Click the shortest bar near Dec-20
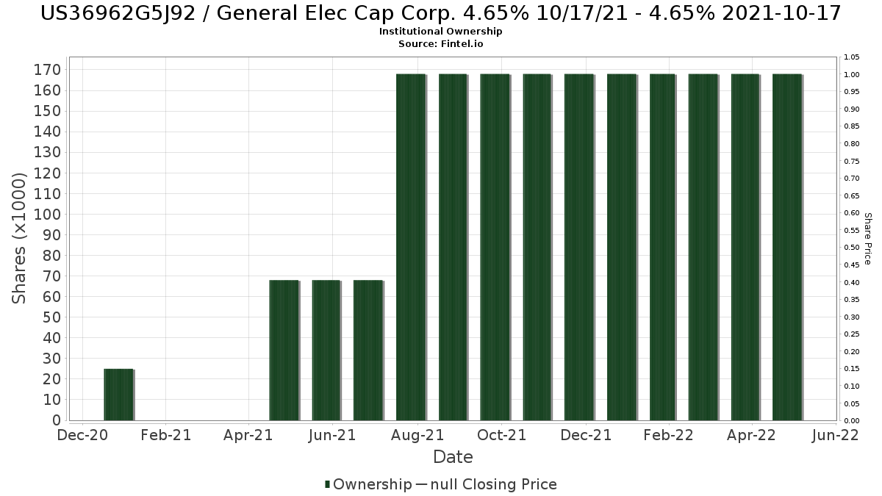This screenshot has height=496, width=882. (x=118, y=395)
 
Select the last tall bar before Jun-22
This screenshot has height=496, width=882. (x=787, y=247)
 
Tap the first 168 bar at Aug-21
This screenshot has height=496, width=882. (x=411, y=247)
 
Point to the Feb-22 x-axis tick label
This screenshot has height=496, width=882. (x=668, y=435)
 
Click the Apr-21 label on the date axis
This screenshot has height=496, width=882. (x=250, y=435)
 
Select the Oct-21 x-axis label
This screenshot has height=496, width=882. (x=501, y=435)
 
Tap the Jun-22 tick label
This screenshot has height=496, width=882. (x=835, y=435)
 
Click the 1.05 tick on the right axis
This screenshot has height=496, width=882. (x=851, y=57)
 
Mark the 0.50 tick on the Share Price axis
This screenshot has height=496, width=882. (x=851, y=248)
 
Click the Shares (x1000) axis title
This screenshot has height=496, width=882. (x=21, y=238)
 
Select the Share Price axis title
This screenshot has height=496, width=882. (x=867, y=238)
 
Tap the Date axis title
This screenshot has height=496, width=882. (x=453, y=457)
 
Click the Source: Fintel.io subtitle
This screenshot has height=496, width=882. (x=441, y=43)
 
